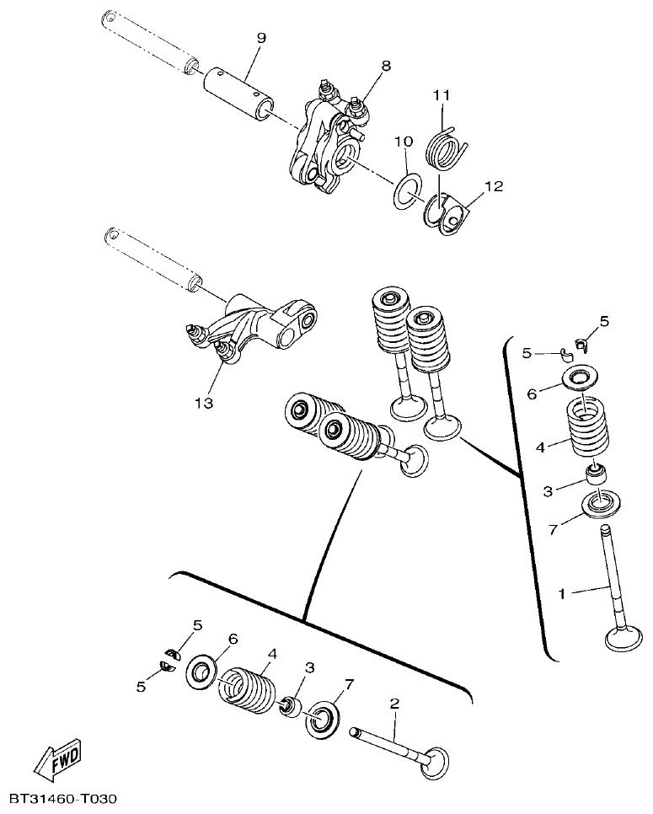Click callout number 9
click(260, 38)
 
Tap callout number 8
click(386, 64)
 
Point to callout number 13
click(203, 403)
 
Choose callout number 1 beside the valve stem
click(562, 593)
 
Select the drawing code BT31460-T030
click(62, 797)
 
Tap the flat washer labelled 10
click(406, 189)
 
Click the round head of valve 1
click(624, 638)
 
